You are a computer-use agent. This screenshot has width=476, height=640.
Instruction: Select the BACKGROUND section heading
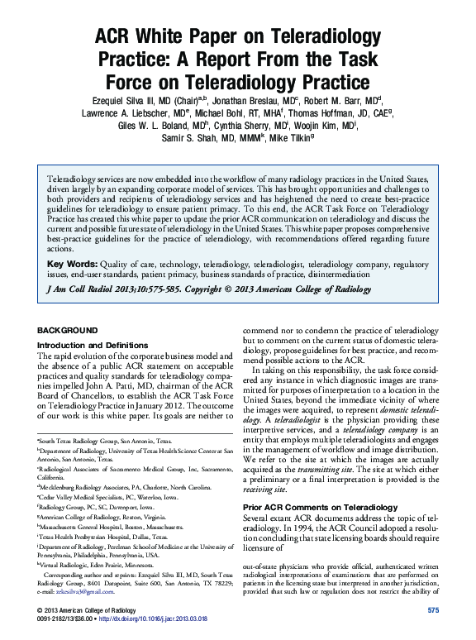[x=70, y=329]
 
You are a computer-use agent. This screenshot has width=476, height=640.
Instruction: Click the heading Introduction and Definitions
[x=90, y=344]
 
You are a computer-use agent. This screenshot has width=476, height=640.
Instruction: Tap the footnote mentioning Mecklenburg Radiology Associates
[x=107, y=487]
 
